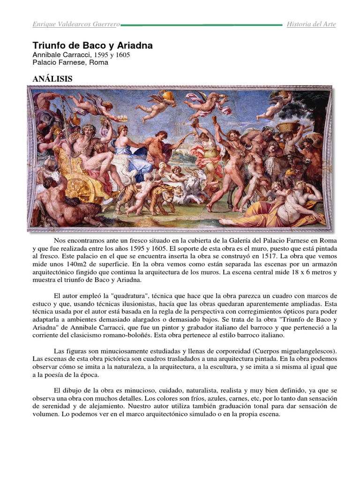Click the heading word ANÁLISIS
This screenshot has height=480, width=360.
click(52, 79)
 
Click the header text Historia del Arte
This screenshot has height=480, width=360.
click(311, 24)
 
